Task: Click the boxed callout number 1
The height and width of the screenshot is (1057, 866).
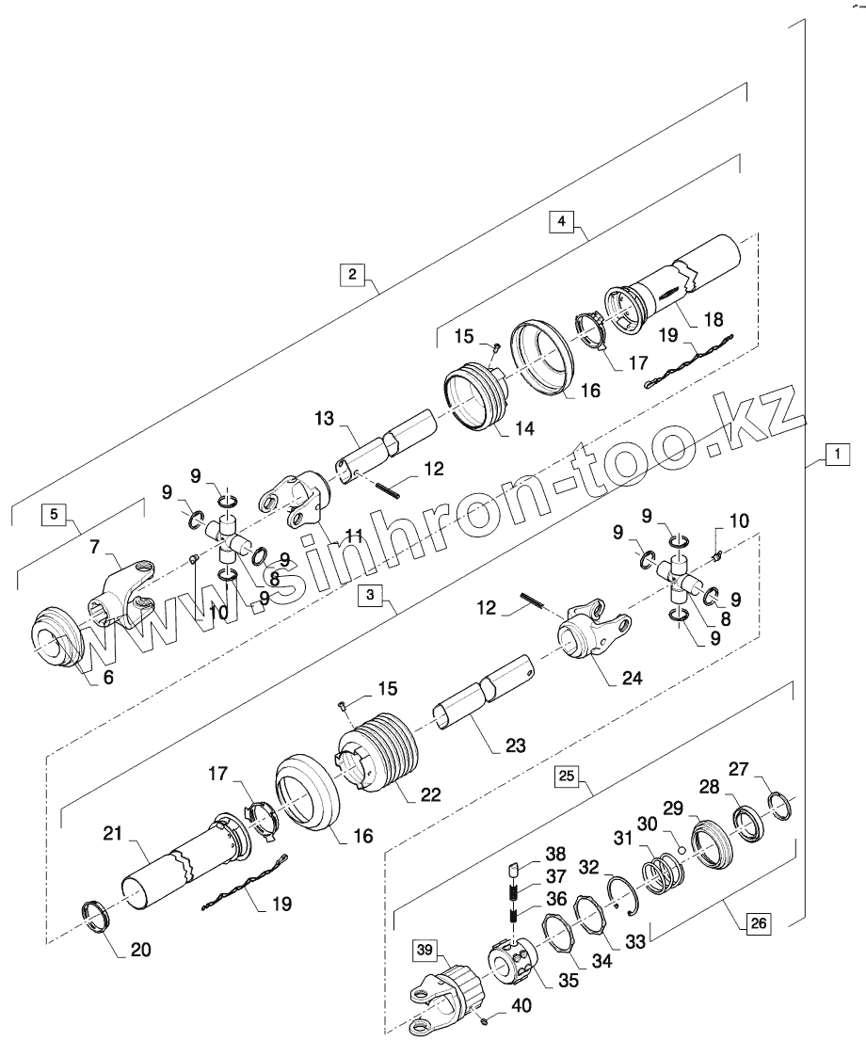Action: click(834, 455)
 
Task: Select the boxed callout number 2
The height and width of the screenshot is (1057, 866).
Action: click(352, 274)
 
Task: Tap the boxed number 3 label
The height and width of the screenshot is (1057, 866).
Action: click(372, 596)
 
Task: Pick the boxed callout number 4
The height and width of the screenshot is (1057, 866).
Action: click(561, 221)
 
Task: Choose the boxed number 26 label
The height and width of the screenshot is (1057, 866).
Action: click(758, 923)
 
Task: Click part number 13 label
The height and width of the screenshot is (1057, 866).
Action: click(325, 419)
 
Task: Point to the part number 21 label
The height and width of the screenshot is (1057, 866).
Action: click(114, 835)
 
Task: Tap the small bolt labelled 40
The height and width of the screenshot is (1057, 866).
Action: click(481, 1020)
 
